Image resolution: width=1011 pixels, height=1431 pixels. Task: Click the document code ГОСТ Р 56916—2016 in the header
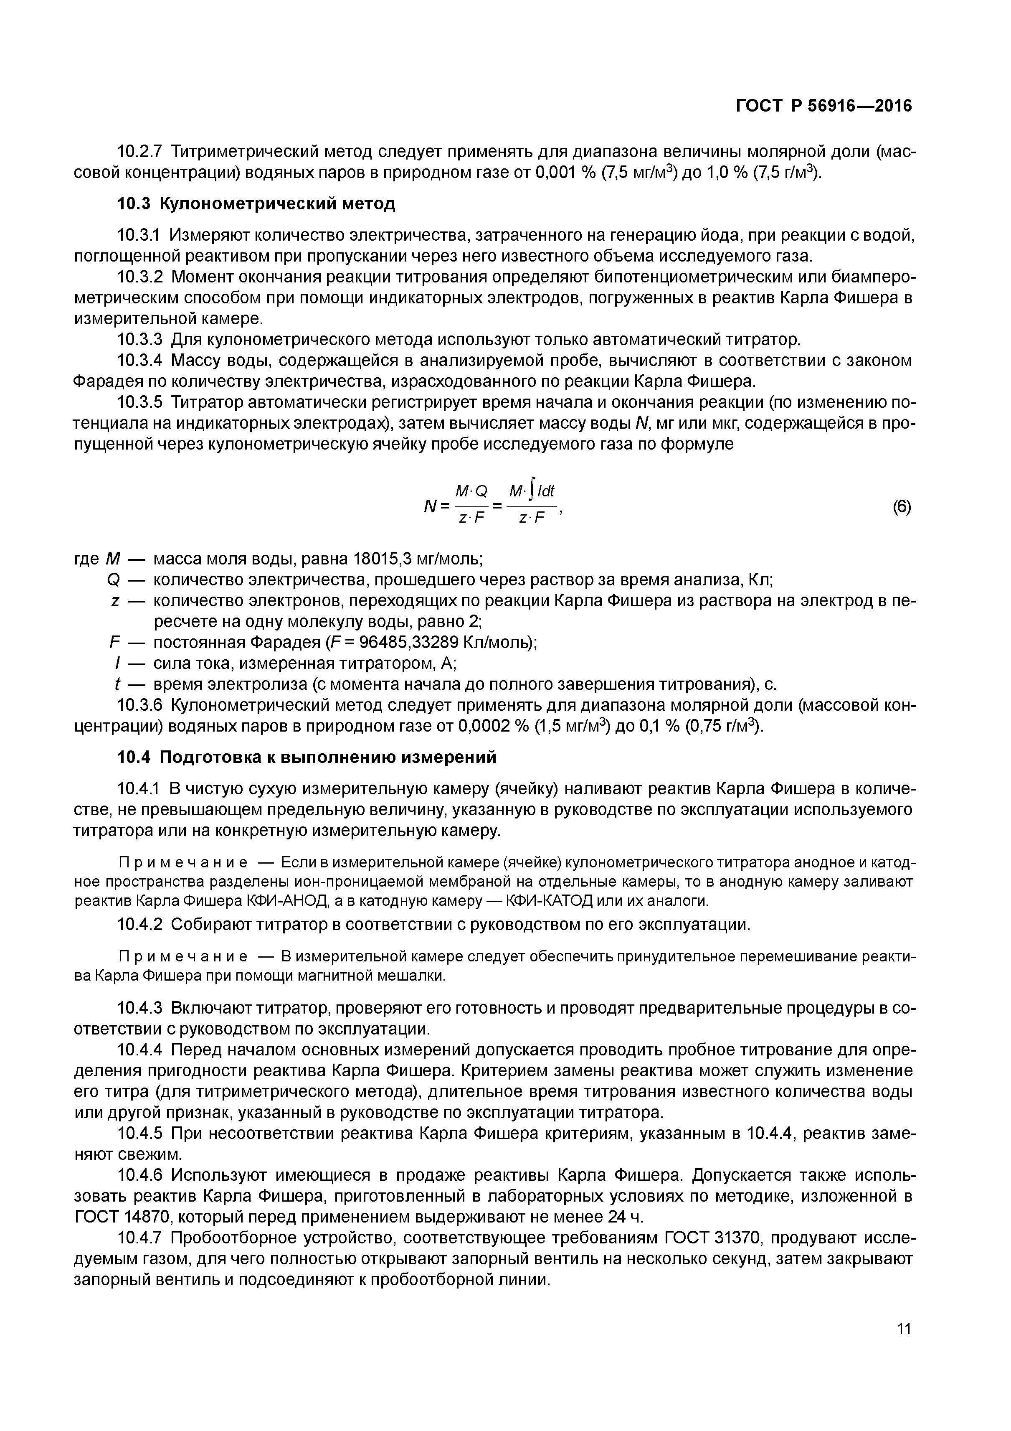click(x=823, y=107)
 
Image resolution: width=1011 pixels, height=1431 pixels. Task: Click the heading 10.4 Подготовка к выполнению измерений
click(x=307, y=757)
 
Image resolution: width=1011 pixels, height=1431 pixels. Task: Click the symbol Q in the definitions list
click(x=113, y=580)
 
